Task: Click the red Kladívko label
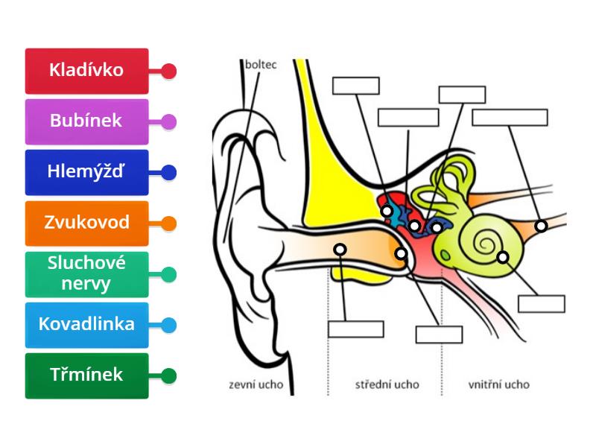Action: [86, 71]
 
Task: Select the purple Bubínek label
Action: [86, 121]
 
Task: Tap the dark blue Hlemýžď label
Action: [86, 172]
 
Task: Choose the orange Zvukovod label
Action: [86, 223]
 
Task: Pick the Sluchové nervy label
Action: [86, 273]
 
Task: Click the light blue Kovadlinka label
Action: [86, 324]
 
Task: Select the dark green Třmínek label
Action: [86, 375]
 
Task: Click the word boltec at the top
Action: [261, 65]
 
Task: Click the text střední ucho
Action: [387, 385]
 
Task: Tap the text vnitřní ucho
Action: [499, 385]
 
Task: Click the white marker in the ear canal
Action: [340, 249]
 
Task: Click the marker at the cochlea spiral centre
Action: [503, 257]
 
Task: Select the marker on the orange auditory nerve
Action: [542, 225]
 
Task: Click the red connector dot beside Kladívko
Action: [169, 72]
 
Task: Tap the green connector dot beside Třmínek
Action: [169, 375]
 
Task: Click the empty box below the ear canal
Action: [355, 329]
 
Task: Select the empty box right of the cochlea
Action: [542, 303]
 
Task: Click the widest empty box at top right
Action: [510, 117]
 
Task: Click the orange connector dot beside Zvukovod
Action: [169, 223]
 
